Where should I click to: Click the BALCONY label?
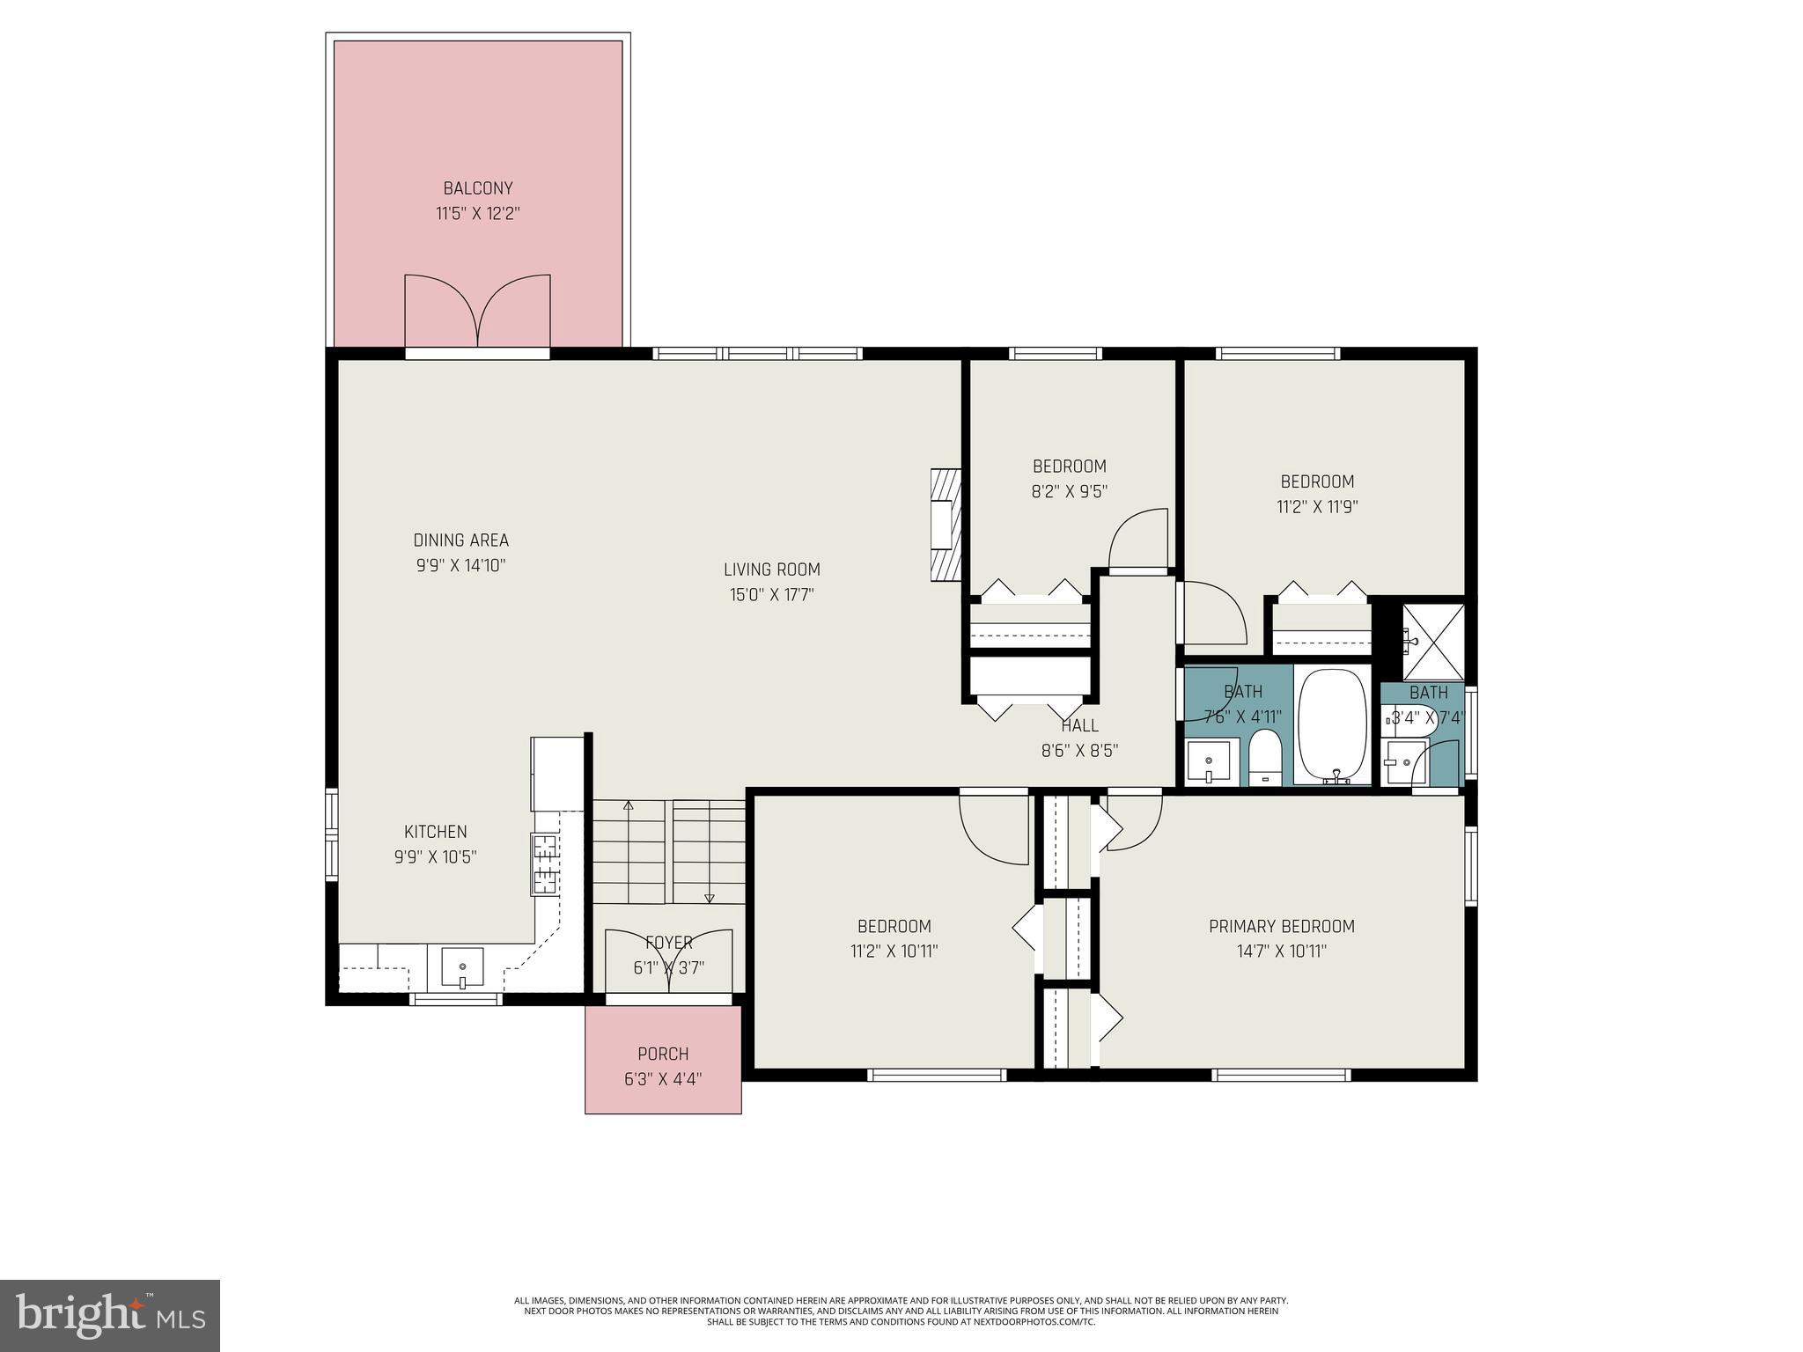tap(477, 188)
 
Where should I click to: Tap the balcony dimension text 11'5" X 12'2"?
tap(477, 214)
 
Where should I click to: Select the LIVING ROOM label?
tap(771, 569)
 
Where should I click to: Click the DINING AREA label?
tap(460, 540)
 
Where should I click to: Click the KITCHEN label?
tap(435, 832)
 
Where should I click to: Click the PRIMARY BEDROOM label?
tap(1281, 926)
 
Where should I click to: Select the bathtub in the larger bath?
tap(1333, 726)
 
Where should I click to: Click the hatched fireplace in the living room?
tap(946, 525)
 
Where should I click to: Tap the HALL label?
tap(1079, 726)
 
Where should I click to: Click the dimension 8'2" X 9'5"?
tap(1069, 492)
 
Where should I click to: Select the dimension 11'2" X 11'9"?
tap(1317, 507)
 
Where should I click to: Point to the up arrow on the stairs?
tap(629, 806)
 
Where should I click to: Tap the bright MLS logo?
tap(110, 1316)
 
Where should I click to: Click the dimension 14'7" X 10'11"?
tap(1281, 952)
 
